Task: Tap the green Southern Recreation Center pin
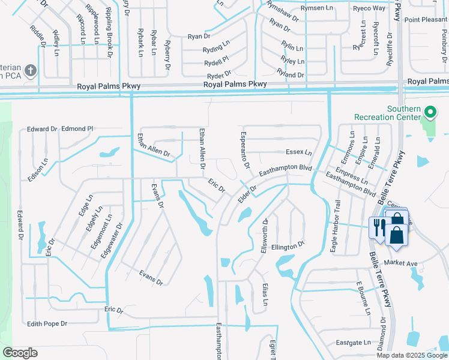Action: [430, 112]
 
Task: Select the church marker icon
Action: [32, 70]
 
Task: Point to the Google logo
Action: [20, 353]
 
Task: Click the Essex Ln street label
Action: [299, 152]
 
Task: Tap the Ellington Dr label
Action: [288, 246]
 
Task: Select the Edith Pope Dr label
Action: [47, 324]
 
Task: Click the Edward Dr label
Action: [42, 129]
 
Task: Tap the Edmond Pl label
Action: [78, 128]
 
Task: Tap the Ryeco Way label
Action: [369, 8]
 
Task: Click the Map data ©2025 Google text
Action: [411, 355]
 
